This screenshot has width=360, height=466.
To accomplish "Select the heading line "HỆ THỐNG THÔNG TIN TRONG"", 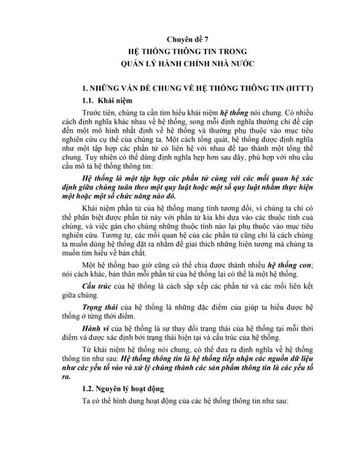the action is click(x=179, y=54).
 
